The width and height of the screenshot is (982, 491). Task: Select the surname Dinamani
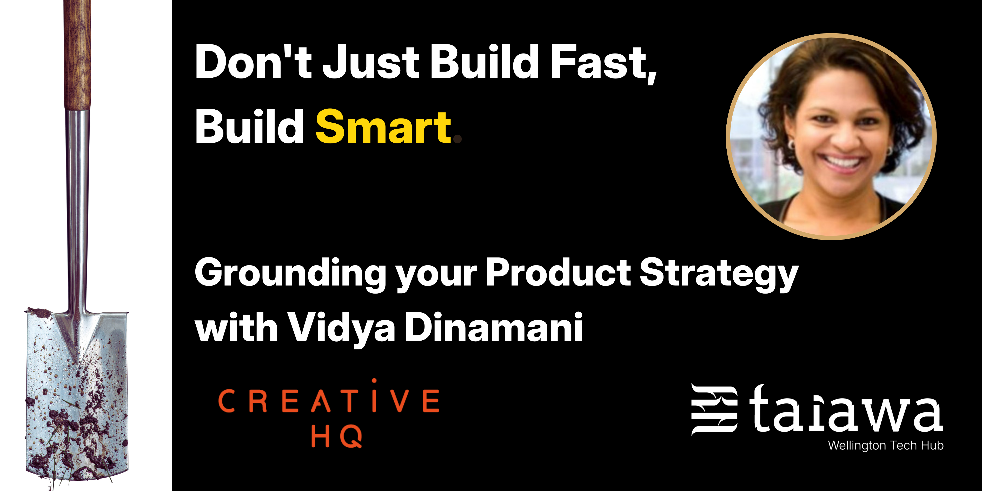coord(494,327)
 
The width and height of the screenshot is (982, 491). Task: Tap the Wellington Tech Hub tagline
coord(886,445)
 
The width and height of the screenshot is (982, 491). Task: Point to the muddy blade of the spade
coord(77,395)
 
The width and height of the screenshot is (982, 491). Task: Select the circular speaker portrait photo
coord(831,136)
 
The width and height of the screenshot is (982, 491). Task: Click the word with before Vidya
coord(236,327)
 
